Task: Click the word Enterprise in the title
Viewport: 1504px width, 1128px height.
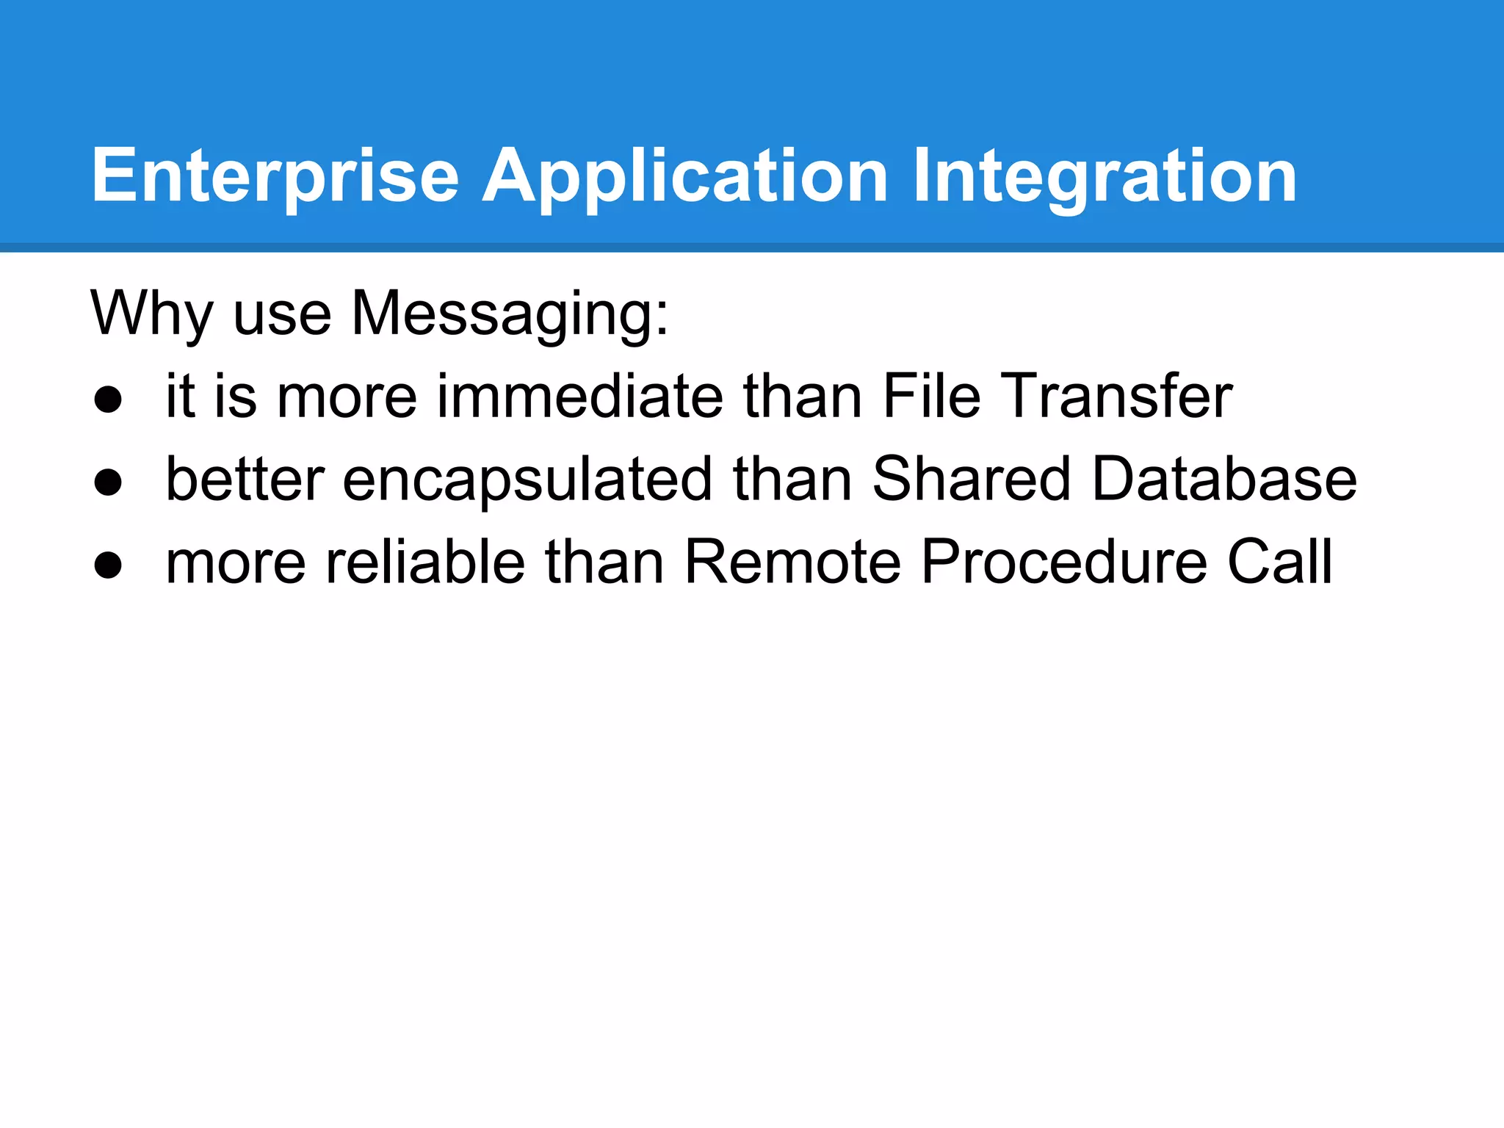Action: (x=275, y=176)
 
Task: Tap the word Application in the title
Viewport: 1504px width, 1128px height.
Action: (x=685, y=176)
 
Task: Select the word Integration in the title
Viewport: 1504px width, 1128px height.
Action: (x=1104, y=176)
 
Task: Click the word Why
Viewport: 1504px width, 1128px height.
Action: (x=151, y=314)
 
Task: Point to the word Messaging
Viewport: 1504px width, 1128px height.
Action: (x=510, y=314)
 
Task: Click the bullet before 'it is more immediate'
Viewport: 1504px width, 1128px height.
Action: (x=108, y=400)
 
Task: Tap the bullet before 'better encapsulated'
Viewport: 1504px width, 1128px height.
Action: (x=108, y=483)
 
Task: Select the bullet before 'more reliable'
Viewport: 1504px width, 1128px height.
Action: (x=108, y=565)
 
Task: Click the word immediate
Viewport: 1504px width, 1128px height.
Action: (x=581, y=397)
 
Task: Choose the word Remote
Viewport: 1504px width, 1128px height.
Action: (x=792, y=562)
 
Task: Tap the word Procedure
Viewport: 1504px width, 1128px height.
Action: (x=1064, y=562)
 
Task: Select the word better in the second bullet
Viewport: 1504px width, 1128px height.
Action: (x=245, y=479)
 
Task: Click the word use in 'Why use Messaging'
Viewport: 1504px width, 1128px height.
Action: (x=282, y=314)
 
